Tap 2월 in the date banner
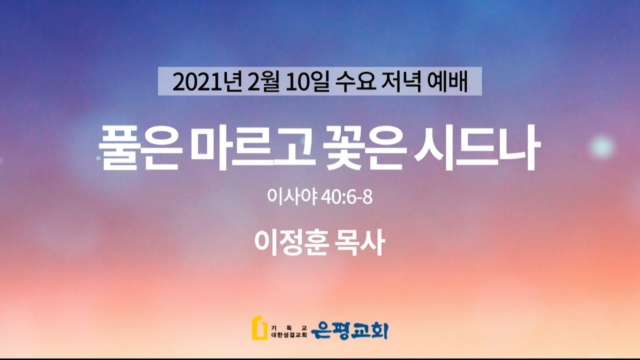point(263,82)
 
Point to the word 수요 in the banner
point(355,82)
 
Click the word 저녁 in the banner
point(401,82)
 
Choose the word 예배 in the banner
point(447,82)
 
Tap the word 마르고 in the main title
point(253,147)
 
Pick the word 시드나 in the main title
point(477,147)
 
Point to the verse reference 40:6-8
point(347,197)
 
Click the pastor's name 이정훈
point(291,242)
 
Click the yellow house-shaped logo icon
point(259,327)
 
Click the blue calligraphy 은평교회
point(349,330)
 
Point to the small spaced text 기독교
point(289,327)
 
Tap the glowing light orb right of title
point(602,147)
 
